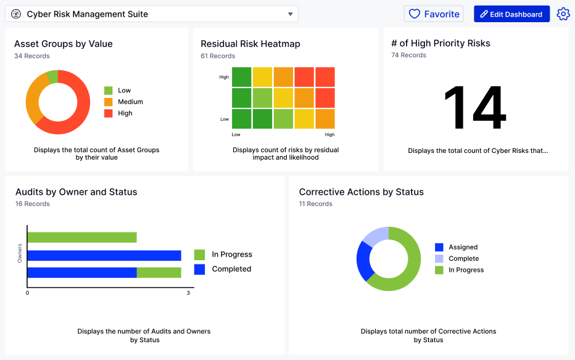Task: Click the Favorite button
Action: (x=434, y=14)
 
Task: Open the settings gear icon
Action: (x=563, y=14)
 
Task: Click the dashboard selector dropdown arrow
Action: (x=291, y=14)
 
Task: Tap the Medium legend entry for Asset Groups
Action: (x=124, y=102)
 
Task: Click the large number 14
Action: (x=474, y=108)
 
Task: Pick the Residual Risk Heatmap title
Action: (x=250, y=44)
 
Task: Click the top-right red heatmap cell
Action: (x=325, y=77)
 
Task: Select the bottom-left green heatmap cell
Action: (x=242, y=119)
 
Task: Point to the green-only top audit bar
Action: (x=82, y=237)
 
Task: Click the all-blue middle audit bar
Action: (x=104, y=255)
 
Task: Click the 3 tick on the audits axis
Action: (x=188, y=293)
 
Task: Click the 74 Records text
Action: (x=408, y=55)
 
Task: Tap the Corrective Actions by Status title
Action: (x=361, y=192)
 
